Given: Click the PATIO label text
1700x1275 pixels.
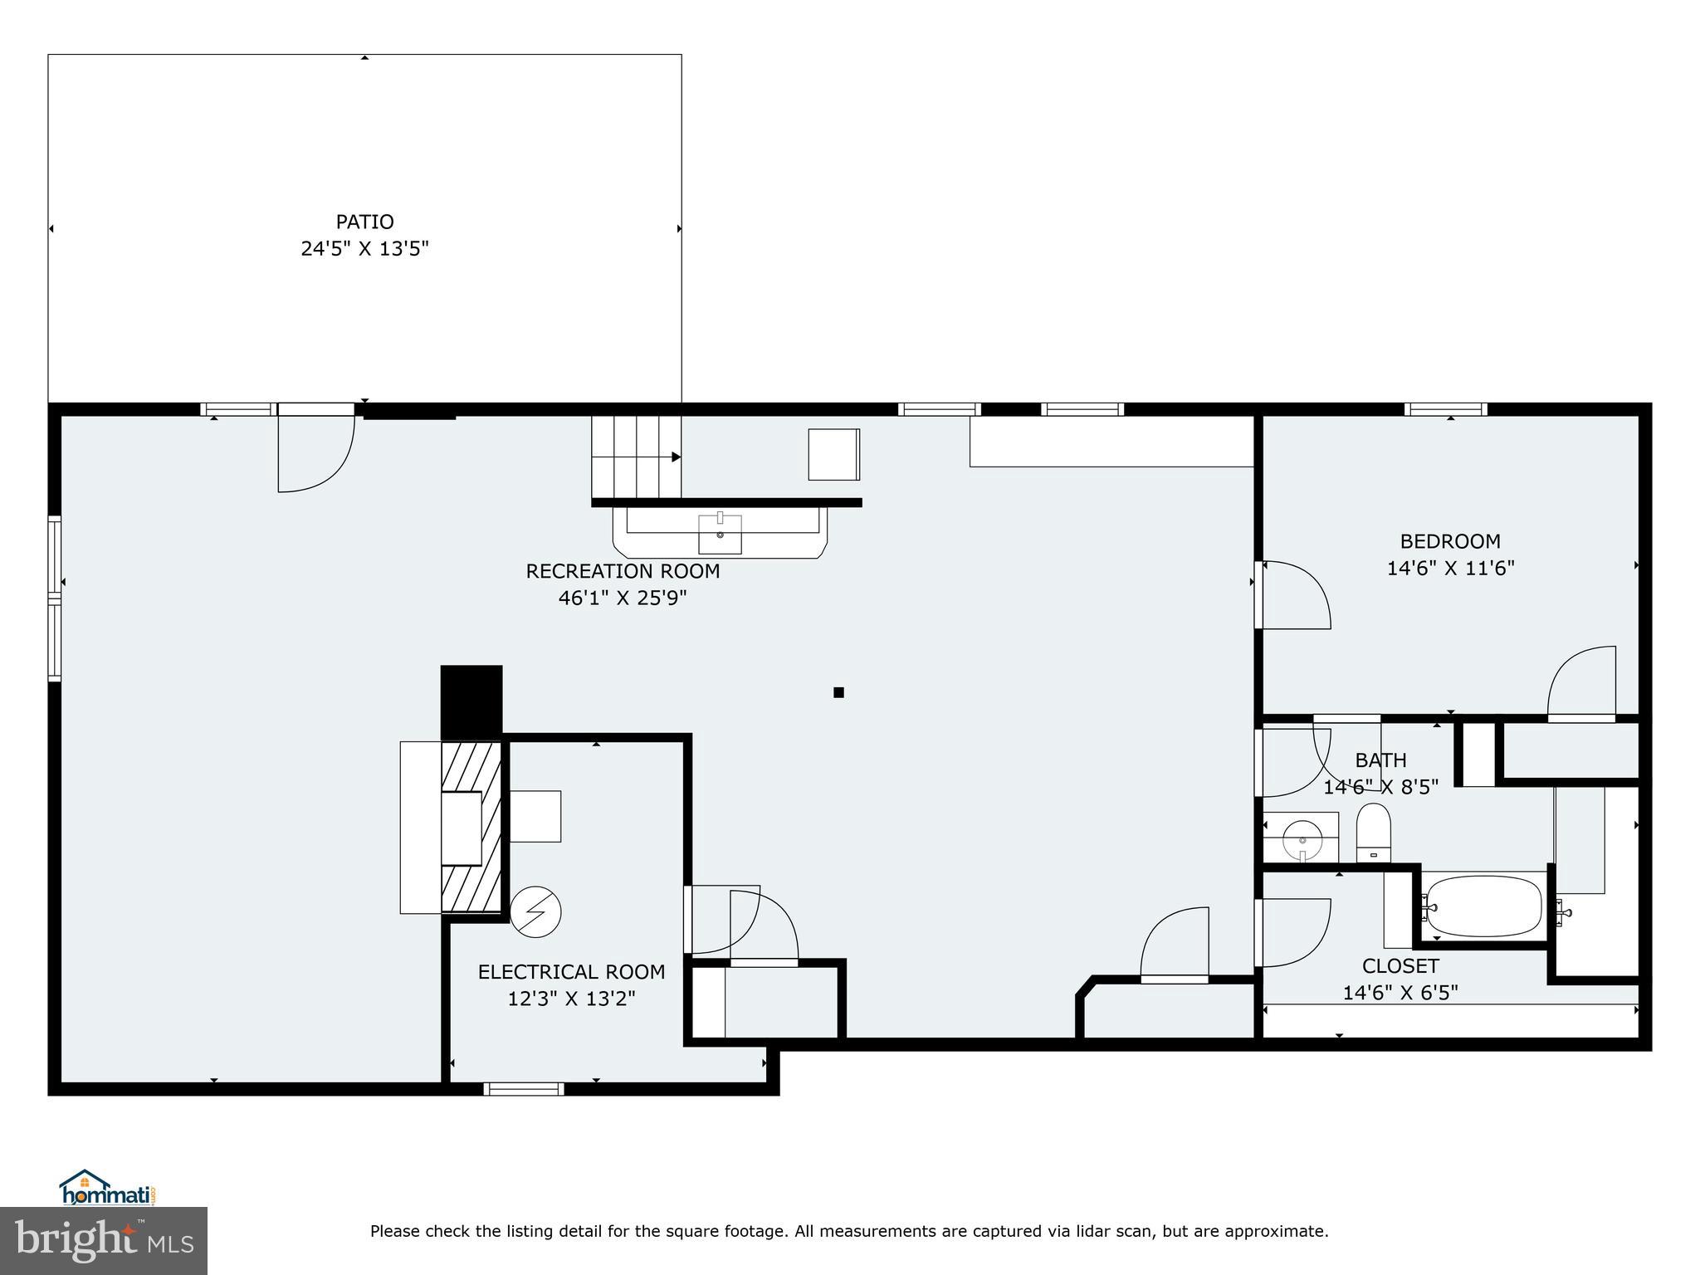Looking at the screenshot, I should tap(364, 222).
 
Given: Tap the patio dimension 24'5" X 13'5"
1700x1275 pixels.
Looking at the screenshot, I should tap(364, 248).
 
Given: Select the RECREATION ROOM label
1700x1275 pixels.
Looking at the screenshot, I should tap(623, 571).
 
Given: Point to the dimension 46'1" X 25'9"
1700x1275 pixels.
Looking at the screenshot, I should tap(623, 598).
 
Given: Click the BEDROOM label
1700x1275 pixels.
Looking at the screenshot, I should tap(1450, 541).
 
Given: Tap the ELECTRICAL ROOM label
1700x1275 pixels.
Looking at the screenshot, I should tap(571, 971).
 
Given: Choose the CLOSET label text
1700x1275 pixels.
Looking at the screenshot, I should tap(1400, 965).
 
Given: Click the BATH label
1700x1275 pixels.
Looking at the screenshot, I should tap(1380, 760).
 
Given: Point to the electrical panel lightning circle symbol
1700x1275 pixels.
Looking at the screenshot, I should tap(535, 912).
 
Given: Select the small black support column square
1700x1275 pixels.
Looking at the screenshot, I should tap(838, 692).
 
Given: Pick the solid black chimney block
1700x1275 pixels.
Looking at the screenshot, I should tap(471, 701).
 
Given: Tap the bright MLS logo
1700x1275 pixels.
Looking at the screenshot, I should tap(104, 1240).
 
